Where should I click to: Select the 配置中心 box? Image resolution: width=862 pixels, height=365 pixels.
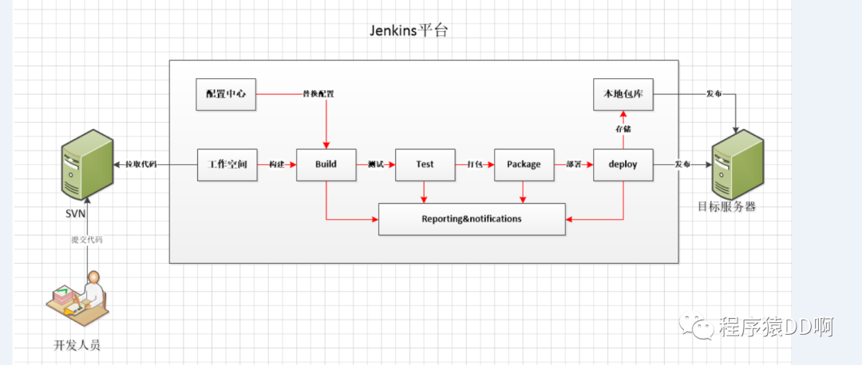(x=227, y=94)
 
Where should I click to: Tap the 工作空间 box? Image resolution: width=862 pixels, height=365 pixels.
(x=227, y=164)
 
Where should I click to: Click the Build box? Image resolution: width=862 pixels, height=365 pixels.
(x=326, y=164)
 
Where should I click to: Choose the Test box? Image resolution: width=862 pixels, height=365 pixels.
(x=425, y=164)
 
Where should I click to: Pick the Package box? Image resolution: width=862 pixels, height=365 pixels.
(x=524, y=164)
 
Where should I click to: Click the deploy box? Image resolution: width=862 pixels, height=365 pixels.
(x=623, y=164)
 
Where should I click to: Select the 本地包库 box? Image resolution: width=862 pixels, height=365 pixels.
(x=623, y=94)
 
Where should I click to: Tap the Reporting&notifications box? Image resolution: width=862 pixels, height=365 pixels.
(x=472, y=219)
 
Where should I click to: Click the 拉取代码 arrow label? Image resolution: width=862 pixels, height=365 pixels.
(x=141, y=165)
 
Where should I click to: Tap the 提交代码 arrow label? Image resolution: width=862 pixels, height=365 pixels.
(x=87, y=239)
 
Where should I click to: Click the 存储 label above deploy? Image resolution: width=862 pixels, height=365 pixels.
(x=623, y=128)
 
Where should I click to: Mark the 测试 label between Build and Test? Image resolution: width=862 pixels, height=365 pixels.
(x=375, y=165)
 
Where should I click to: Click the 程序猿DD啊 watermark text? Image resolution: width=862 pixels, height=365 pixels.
(x=775, y=327)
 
